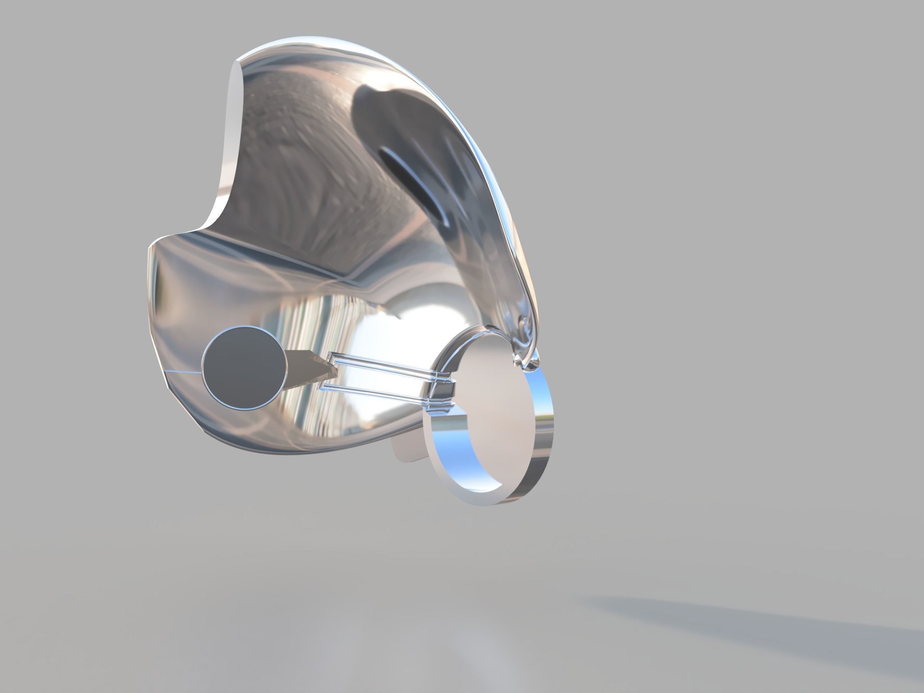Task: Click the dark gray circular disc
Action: click(245, 369)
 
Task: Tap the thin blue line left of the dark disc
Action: click(183, 372)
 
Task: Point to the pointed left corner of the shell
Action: click(151, 246)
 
